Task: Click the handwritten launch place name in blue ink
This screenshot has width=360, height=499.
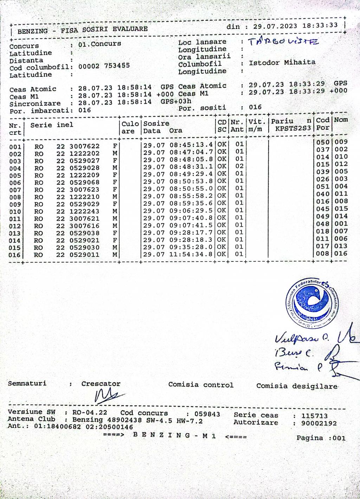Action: pyautogui.click(x=283, y=42)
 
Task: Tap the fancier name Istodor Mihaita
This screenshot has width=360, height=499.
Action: pyautogui.click(x=282, y=63)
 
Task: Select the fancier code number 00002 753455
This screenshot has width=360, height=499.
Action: pyautogui.click(x=104, y=65)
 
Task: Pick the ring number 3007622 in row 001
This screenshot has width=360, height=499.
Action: pyautogui.click(x=84, y=146)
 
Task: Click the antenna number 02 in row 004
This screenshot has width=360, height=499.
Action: pyautogui.click(x=239, y=166)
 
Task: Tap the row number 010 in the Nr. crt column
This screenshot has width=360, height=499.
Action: pyautogui.click(x=15, y=212)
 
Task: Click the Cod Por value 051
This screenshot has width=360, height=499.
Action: pyautogui.click(x=323, y=187)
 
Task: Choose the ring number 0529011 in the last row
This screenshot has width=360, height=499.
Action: pyautogui.click(x=84, y=255)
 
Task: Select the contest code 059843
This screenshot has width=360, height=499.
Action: pyautogui.click(x=208, y=414)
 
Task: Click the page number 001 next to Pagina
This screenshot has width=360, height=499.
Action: pyautogui.click(x=339, y=438)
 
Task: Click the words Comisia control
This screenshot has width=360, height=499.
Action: pyautogui.click(x=201, y=385)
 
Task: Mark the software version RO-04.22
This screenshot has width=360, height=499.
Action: pyautogui.click(x=90, y=413)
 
